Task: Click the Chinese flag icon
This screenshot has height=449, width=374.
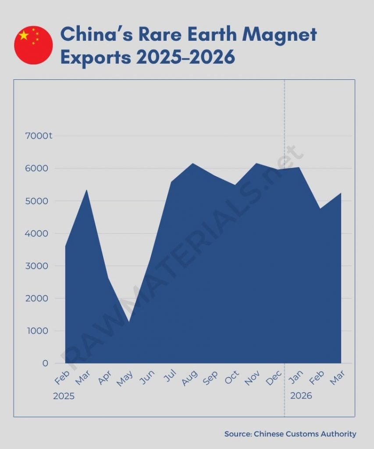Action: (x=33, y=45)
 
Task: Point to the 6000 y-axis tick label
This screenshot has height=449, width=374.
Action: (x=39, y=168)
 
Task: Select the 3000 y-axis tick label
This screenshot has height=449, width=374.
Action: (x=39, y=266)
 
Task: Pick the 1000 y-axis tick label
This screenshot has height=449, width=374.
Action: (x=39, y=331)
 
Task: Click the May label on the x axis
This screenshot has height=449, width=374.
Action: (x=125, y=378)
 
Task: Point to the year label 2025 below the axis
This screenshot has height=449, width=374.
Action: (x=64, y=396)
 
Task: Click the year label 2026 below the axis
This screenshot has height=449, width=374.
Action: (x=301, y=396)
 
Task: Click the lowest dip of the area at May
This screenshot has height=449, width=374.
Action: (x=129, y=323)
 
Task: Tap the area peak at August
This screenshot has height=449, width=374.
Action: (x=192, y=164)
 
